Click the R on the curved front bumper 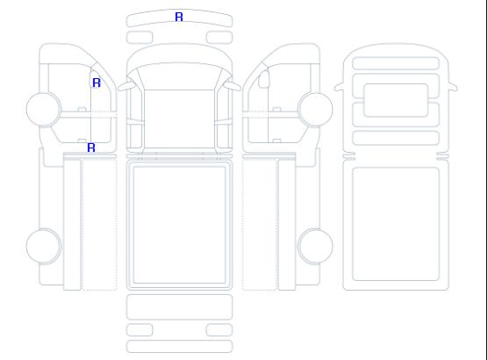tap(179, 17)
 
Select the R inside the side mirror tap(97, 83)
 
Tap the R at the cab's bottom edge tap(91, 148)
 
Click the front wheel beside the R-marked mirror tap(44, 109)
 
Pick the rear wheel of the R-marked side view tap(44, 246)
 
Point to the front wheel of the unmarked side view tap(315, 109)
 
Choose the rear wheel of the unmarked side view tap(315, 246)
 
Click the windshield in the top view tap(179, 76)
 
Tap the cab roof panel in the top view tap(179, 119)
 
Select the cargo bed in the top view tap(179, 225)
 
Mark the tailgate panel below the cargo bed tap(179, 307)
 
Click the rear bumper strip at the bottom tap(179, 347)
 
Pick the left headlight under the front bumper tap(140, 38)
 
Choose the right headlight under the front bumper tap(219, 38)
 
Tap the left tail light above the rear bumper tap(140, 330)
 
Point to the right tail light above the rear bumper tap(219, 330)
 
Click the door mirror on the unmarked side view tap(263, 79)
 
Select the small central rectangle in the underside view tap(396, 100)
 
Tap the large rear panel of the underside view tap(396, 224)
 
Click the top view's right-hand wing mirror tap(233, 86)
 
